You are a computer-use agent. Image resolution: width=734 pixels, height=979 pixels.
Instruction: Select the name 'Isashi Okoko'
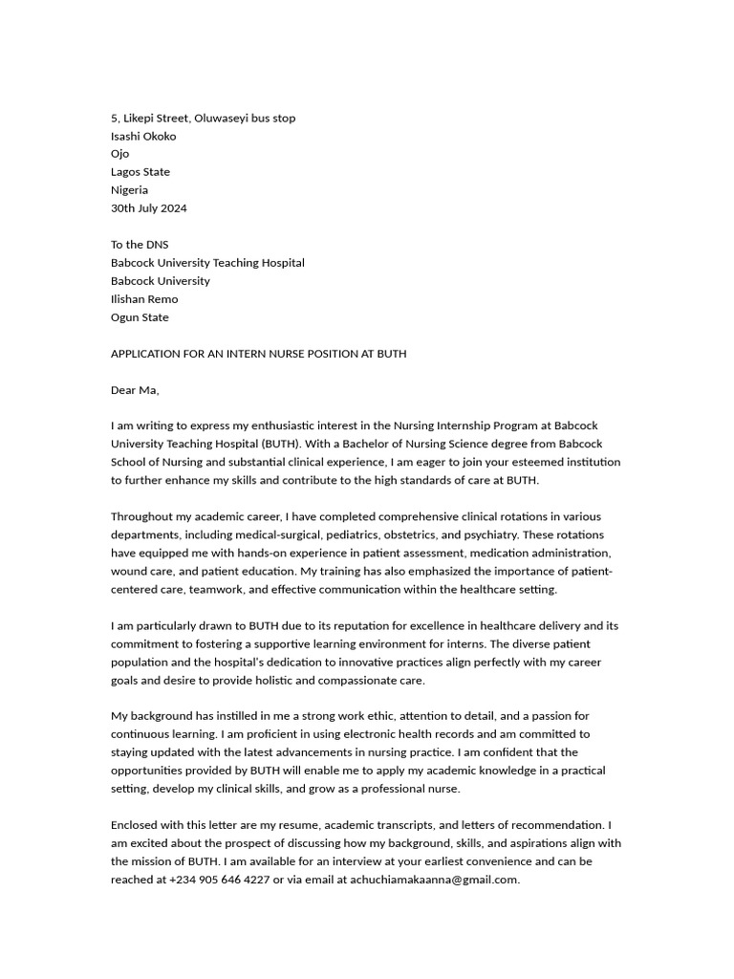click(143, 136)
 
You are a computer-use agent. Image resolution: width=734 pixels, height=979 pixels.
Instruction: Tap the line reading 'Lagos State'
click(140, 172)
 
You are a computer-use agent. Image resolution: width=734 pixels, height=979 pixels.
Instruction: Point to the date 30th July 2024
click(149, 207)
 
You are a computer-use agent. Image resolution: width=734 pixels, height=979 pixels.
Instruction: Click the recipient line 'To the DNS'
click(140, 245)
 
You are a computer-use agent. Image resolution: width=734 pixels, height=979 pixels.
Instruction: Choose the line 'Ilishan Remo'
click(144, 299)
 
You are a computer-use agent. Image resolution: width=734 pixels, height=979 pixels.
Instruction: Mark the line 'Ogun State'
click(140, 317)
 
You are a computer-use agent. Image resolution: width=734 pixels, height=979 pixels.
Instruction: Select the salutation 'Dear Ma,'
click(135, 390)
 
